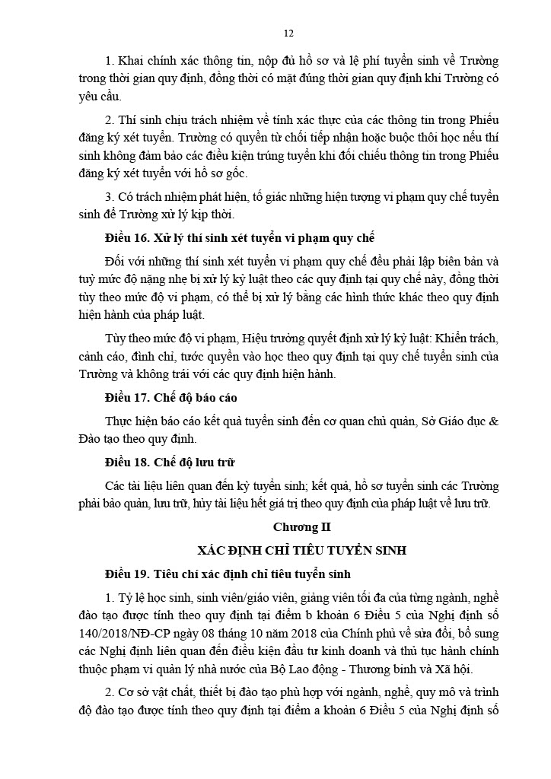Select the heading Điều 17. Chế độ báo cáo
pyautogui.click(x=176, y=398)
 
